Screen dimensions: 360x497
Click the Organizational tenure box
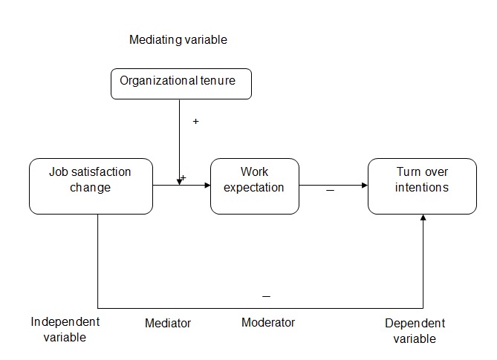click(181, 84)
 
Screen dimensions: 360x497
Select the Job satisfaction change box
click(91, 186)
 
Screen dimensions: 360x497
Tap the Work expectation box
click(254, 186)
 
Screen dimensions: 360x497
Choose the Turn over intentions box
click(422, 186)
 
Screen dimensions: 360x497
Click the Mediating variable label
click(178, 40)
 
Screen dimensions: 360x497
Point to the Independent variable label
click(65, 330)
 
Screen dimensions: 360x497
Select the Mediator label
click(167, 324)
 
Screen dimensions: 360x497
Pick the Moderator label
click(268, 323)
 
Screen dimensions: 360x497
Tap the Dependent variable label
click(415, 331)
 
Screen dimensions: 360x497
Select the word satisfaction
click(100, 172)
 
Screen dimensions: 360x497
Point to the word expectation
click(254, 187)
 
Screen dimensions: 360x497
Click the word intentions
click(422, 187)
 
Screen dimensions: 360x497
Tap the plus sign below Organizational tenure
click(195, 120)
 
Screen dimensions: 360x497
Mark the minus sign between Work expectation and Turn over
click(330, 192)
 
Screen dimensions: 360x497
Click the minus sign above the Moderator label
click(267, 297)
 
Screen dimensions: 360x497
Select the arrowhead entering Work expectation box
click(207, 186)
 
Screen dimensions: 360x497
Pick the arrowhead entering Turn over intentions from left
click(365, 186)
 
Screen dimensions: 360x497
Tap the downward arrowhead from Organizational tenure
click(180, 181)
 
